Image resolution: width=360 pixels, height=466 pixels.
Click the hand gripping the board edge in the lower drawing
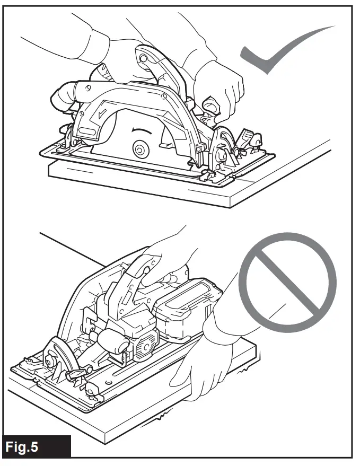206,366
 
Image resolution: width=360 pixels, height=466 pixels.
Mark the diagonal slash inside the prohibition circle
287,284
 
